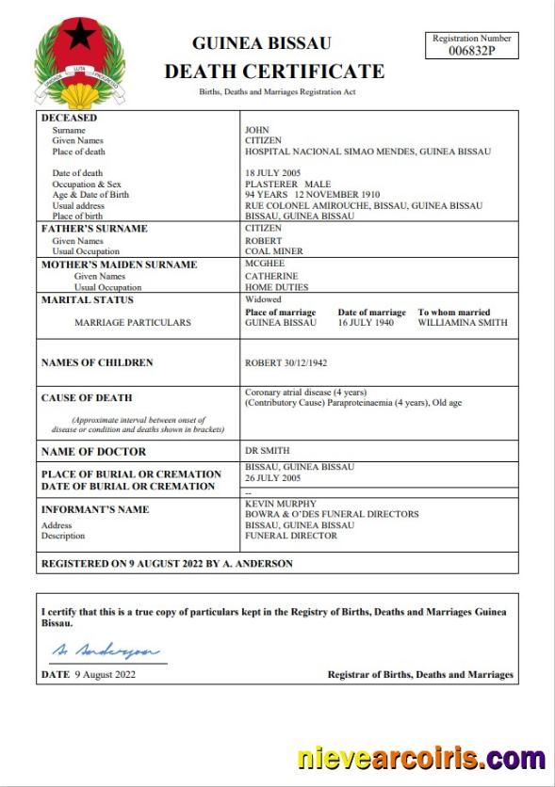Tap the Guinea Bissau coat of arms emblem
pyautogui.click(x=79, y=62)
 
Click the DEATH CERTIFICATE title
pyautogui.click(x=274, y=71)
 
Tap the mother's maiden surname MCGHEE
pyautogui.click(x=264, y=265)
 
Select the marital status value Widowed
pyautogui.click(x=263, y=299)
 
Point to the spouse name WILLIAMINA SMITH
pyautogui.click(x=463, y=322)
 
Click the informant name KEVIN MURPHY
pyautogui.click(x=281, y=504)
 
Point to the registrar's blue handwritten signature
pyautogui.click(x=105, y=650)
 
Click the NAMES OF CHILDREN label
pyautogui.click(x=97, y=362)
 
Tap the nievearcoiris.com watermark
pyautogui.click(x=421, y=759)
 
